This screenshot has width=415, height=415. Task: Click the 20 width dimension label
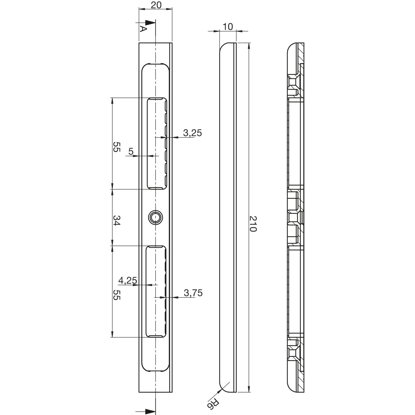point(155,5)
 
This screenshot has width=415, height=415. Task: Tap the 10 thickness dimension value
point(228,27)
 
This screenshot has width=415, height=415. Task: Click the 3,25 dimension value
point(193,133)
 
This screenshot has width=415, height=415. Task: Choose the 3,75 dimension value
point(193,293)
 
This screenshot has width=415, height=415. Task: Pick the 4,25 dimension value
point(128,281)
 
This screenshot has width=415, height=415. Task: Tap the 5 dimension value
point(131,151)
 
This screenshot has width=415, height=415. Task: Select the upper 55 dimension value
point(116,147)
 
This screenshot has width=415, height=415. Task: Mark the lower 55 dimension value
point(116,295)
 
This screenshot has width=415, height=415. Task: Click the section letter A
point(142,29)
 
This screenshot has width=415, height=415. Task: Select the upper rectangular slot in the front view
point(157,143)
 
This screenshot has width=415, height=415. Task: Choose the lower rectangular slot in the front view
point(157,291)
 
